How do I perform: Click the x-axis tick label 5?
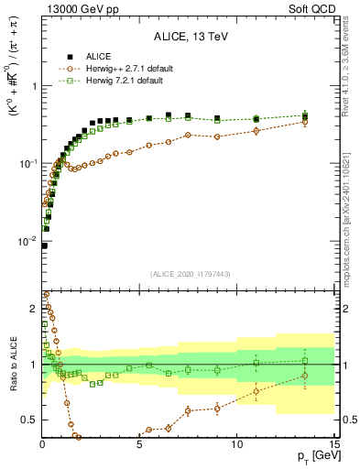pos(139,443)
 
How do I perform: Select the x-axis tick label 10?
pos(236,443)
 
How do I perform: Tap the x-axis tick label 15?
pos(333,443)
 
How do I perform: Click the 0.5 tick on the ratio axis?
pos(29,420)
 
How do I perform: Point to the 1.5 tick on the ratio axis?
pos(29,311)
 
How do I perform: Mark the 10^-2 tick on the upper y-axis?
pos(27,241)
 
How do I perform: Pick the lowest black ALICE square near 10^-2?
pos(44,245)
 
